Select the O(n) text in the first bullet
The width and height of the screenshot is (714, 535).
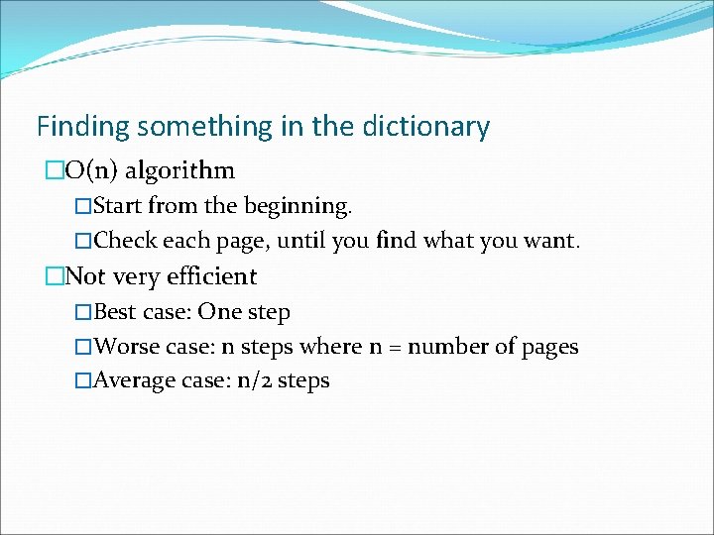tap(92, 170)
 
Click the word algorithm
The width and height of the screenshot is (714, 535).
tap(179, 171)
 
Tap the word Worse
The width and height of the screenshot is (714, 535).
tap(125, 347)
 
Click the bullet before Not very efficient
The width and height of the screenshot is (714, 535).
tap(54, 276)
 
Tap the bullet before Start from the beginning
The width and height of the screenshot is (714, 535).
tap(83, 206)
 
